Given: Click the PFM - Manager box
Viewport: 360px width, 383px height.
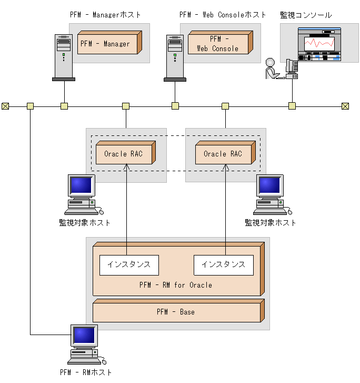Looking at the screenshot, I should (x=108, y=44).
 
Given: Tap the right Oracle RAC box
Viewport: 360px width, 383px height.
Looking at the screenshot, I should (x=224, y=154).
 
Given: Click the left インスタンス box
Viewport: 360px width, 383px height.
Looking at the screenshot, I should (x=129, y=264).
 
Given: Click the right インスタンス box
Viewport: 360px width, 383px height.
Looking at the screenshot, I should (x=224, y=264).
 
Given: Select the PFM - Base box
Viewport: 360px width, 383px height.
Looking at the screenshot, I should (x=177, y=312).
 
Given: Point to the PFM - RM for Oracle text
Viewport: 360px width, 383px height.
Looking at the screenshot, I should (x=176, y=285).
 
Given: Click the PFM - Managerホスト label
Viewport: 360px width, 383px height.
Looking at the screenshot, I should (x=105, y=15).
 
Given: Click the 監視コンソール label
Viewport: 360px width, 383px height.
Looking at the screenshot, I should (x=306, y=15).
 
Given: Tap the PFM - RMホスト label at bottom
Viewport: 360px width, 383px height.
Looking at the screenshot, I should (x=86, y=372).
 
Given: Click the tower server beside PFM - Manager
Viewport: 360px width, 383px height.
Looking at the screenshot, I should (x=64, y=58).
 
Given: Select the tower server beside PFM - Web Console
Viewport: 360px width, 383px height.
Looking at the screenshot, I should (x=175, y=58).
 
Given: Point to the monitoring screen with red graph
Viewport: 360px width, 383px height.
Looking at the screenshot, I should (x=319, y=44).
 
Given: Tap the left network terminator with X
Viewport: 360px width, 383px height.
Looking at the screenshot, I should (x=5, y=106).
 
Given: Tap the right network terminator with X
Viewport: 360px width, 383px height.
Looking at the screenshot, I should (x=345, y=106).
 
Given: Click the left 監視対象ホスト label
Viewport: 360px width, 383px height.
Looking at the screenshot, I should (x=85, y=222).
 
